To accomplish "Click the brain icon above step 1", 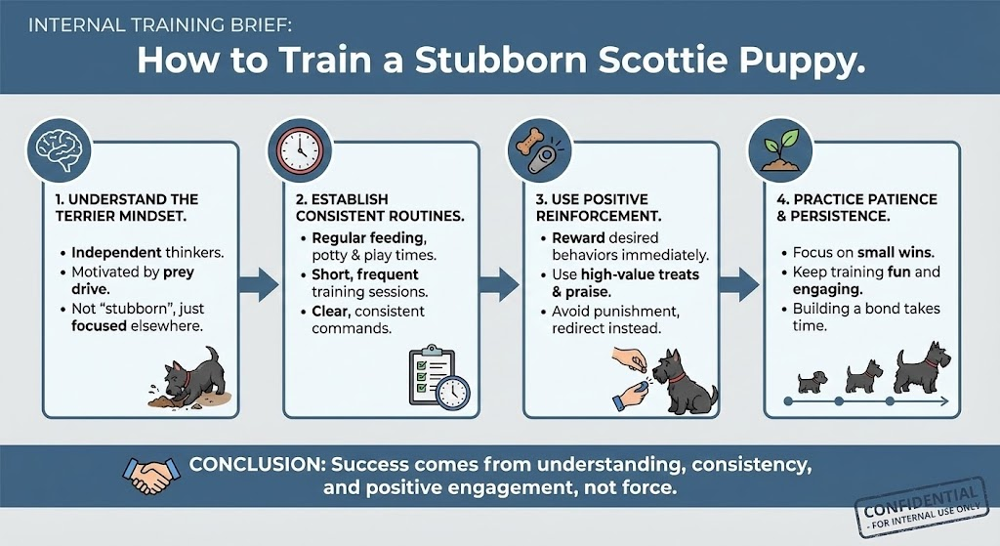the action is tap(59, 150).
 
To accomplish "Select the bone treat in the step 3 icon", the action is tap(528, 142).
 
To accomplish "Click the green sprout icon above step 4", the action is tap(780, 150).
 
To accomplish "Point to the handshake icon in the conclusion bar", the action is tap(150, 475).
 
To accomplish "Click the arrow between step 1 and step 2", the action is tap(259, 284).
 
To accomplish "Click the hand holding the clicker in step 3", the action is tap(633, 393).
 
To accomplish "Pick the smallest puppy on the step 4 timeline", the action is tap(812, 382).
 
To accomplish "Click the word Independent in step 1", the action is tap(117, 253).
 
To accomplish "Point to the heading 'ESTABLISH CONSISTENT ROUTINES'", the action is tap(380, 207).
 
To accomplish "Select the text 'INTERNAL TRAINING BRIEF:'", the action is tap(161, 25).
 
